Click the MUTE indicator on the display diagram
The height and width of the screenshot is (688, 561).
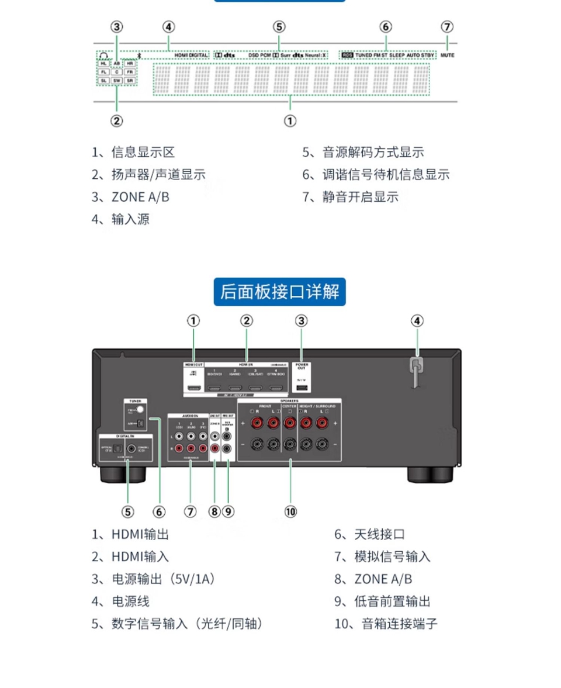click(448, 56)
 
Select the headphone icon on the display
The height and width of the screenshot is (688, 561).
click(104, 56)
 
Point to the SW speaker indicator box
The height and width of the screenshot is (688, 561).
click(117, 80)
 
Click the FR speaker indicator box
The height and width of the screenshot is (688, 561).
click(130, 71)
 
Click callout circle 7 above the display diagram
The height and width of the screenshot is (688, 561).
click(447, 27)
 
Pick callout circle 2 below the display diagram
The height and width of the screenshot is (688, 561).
click(117, 121)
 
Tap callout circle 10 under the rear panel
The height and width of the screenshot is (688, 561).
click(290, 511)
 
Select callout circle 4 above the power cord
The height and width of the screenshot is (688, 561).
click(416, 320)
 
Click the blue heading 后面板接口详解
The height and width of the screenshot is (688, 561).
click(280, 291)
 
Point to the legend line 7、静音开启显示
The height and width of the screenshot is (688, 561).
click(350, 197)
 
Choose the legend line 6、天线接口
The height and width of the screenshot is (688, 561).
click(369, 534)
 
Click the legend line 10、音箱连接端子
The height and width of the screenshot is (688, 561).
click(386, 624)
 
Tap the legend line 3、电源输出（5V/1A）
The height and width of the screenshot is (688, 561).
click(153, 579)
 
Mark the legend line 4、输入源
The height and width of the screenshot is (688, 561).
click(120, 219)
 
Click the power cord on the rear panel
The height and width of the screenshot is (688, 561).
click(415, 371)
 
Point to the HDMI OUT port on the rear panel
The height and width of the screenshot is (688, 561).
click(194, 388)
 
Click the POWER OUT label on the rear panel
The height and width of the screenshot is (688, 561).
click(302, 366)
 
